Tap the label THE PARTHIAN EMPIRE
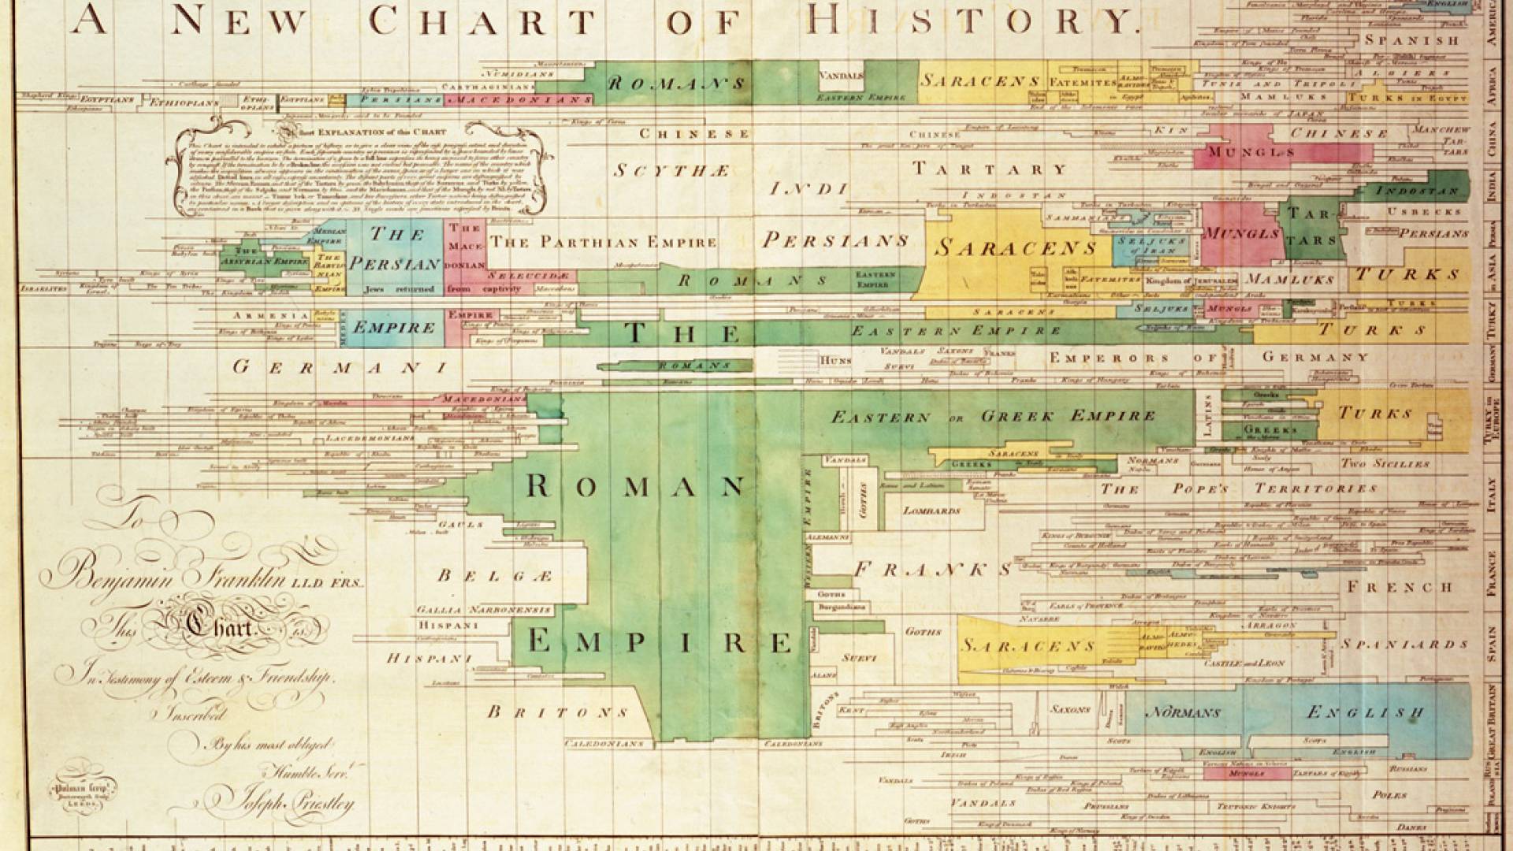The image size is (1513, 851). (x=603, y=242)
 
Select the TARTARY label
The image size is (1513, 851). (x=990, y=169)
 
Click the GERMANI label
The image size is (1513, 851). (x=340, y=366)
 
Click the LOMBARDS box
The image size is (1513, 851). (x=932, y=511)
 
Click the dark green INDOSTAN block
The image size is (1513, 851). (x=1416, y=191)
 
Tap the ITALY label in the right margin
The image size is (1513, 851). (x=1491, y=494)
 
